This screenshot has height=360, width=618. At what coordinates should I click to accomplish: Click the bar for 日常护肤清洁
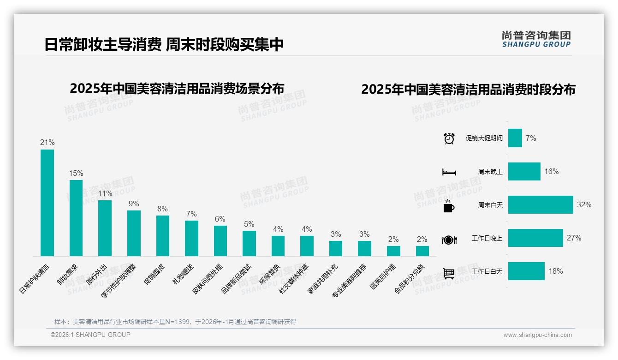pos(47,203)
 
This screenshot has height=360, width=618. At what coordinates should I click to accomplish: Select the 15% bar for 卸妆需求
pos(76,218)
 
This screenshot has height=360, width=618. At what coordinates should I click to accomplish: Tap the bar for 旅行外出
pos(105,228)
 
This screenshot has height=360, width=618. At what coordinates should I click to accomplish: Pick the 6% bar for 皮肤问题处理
pos(220,240)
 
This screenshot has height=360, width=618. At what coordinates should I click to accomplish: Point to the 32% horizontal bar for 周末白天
pos(541,204)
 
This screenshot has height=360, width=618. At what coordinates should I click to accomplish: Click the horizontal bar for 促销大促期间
pos(515,138)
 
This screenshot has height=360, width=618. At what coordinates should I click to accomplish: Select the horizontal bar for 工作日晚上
pos(535,238)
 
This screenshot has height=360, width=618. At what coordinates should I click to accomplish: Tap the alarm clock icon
pos(449,138)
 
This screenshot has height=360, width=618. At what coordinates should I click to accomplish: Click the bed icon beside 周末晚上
pos(449,172)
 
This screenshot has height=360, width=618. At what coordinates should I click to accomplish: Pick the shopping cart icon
pos(449,273)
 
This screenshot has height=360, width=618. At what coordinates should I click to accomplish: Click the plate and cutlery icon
pos(449,240)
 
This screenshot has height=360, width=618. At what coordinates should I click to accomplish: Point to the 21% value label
pos(47,142)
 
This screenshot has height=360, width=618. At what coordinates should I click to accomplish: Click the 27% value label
pos(574,238)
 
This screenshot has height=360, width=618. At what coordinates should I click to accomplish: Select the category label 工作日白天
pos(487,271)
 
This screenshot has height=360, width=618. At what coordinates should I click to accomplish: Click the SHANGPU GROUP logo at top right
pos(536,39)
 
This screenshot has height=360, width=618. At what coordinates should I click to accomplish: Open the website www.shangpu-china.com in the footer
pos(537,335)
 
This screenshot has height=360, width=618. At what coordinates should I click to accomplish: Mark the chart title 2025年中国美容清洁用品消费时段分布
pos(468,90)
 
